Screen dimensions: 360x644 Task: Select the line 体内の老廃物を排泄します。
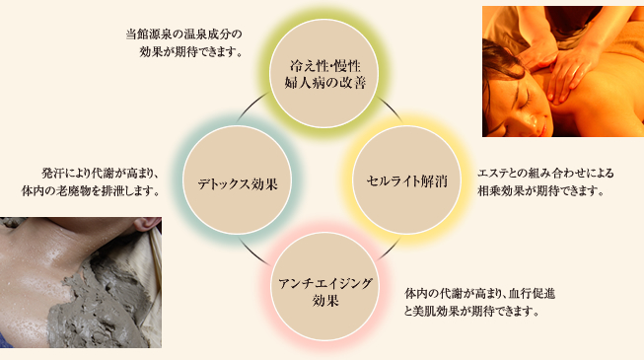click(x=91, y=189)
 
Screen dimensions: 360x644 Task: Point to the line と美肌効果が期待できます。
click(x=471, y=311)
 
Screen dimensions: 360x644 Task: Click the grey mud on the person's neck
click(x=79, y=286)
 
